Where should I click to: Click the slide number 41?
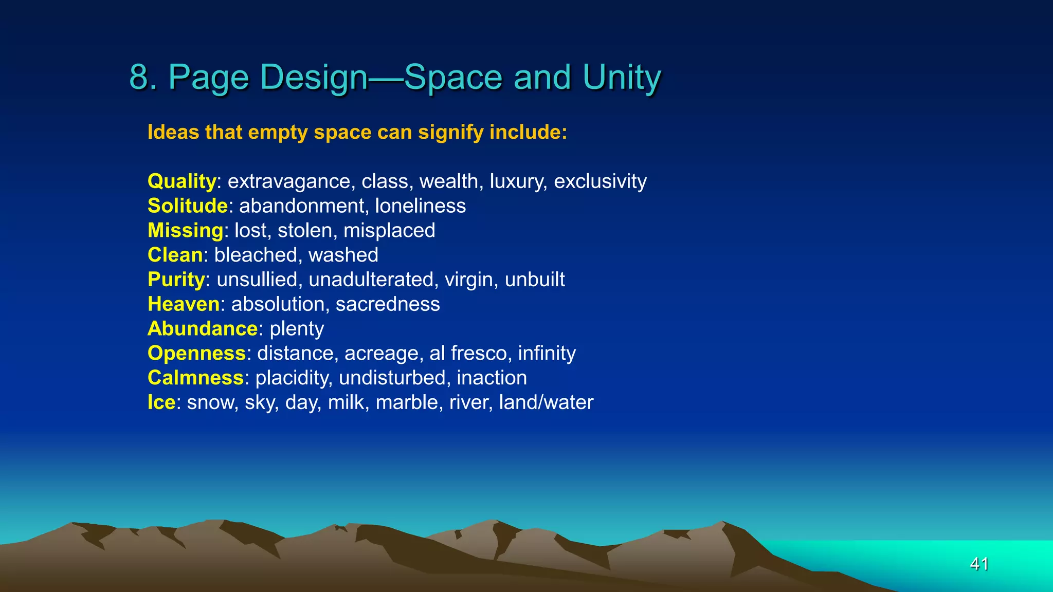(x=979, y=564)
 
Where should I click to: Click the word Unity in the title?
(x=622, y=77)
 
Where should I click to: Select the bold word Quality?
(x=181, y=181)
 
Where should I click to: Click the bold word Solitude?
(x=187, y=206)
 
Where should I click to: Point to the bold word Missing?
(x=185, y=231)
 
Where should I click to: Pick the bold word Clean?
(x=175, y=255)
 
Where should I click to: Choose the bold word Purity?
(x=176, y=280)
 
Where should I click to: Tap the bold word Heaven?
(x=184, y=304)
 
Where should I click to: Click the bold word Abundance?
(x=202, y=329)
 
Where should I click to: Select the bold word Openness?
(x=196, y=354)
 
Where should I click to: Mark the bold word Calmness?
(x=195, y=378)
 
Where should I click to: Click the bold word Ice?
(x=161, y=402)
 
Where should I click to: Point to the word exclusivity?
(x=600, y=181)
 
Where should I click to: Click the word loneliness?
(x=420, y=206)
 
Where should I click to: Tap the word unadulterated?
(x=371, y=280)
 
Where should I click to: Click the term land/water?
(x=546, y=402)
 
